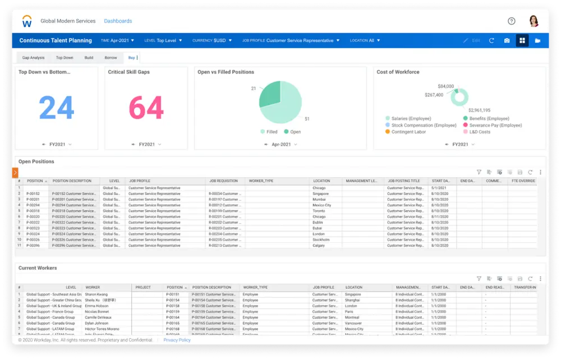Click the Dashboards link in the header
118,21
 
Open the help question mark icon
512,21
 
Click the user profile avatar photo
534,21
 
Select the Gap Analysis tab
33,58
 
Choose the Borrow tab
111,58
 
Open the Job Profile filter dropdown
291,41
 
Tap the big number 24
56,107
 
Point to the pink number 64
146,107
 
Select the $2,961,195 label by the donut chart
479,110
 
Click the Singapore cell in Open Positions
321,194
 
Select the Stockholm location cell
322,240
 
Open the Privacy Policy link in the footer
177,340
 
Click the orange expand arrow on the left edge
15,173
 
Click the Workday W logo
27,21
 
